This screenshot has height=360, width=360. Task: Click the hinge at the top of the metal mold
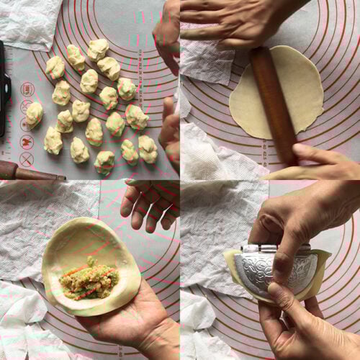click(277, 248)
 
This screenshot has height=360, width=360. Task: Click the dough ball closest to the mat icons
click(34, 113)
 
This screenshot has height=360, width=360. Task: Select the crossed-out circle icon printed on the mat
click(27, 159)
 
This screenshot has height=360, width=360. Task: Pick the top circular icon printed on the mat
click(27, 90)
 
